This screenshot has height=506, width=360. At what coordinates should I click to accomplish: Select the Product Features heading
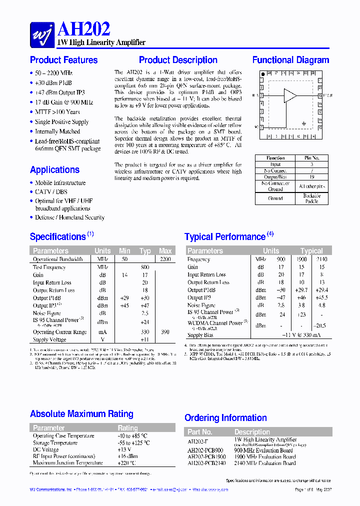point(63,60)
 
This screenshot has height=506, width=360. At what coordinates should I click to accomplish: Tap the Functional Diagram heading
point(290,60)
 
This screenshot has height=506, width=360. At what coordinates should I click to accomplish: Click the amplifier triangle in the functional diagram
point(290,95)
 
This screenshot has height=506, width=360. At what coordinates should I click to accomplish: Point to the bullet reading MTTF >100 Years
point(57,112)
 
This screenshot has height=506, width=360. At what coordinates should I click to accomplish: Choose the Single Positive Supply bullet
point(61,121)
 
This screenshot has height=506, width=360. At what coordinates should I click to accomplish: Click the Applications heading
point(54,169)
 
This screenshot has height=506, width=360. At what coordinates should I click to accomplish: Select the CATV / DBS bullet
point(51,191)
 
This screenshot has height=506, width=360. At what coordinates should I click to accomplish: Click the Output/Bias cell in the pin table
point(275,176)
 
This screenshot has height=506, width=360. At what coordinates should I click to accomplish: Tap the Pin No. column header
point(311,158)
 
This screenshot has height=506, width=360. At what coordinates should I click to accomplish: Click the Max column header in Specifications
point(165,250)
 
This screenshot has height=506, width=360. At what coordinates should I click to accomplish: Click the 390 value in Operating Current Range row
point(165,332)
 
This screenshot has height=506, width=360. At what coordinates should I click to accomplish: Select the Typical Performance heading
point(225,236)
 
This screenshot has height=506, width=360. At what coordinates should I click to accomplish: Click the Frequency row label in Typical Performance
point(198,259)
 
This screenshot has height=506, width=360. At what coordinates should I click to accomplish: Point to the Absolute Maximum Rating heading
point(81,413)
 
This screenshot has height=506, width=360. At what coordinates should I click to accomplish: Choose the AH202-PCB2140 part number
point(206,463)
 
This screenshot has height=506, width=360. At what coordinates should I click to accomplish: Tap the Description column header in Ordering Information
point(251,431)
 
